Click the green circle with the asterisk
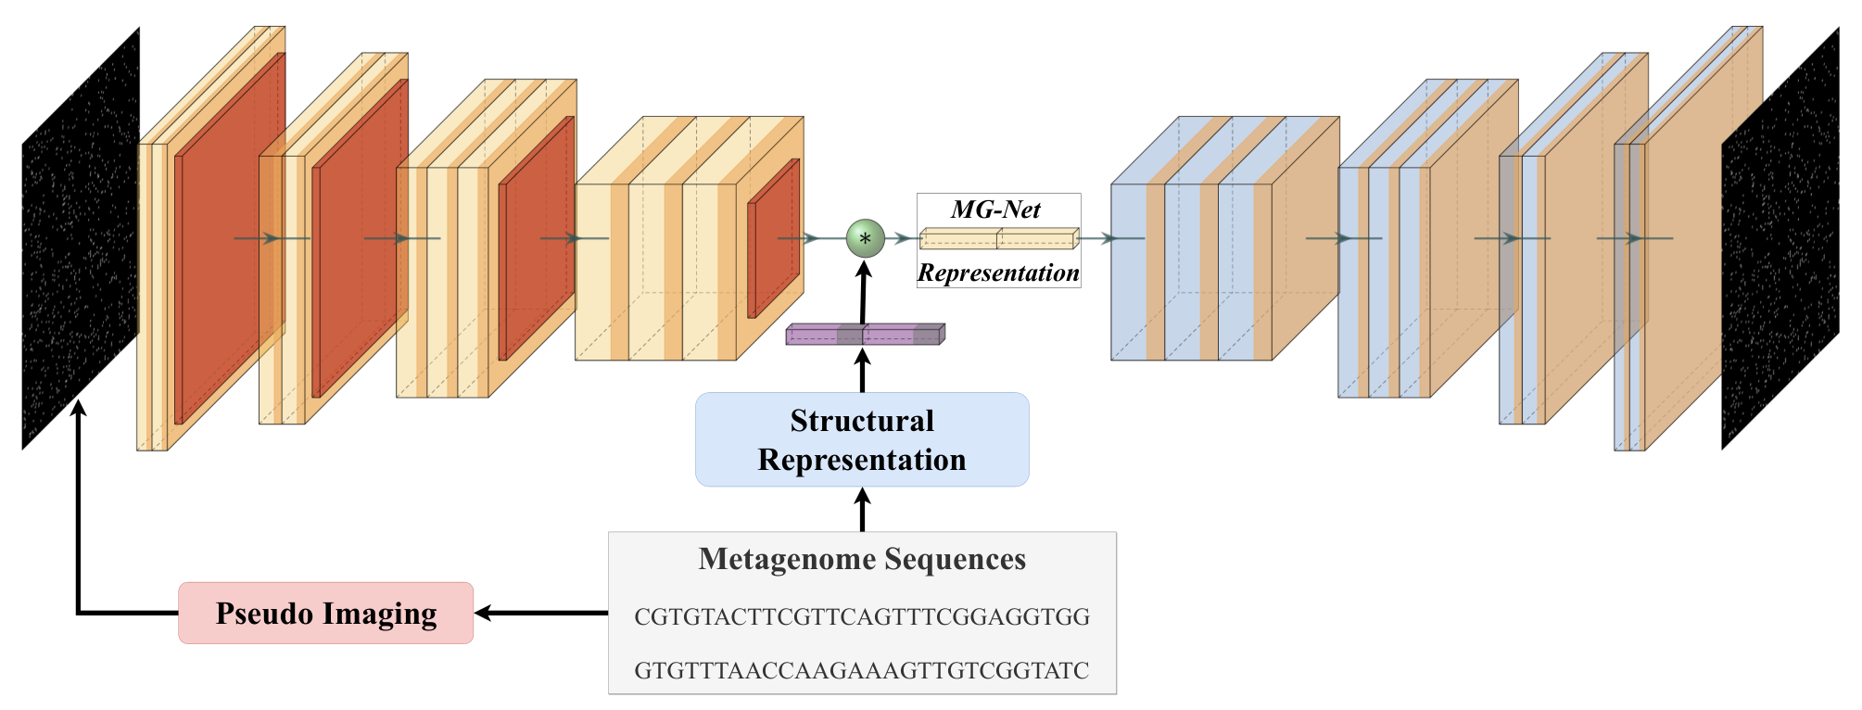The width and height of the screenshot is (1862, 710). click(x=865, y=238)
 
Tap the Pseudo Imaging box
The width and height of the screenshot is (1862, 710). click(x=326, y=613)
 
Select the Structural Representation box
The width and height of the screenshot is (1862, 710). click(x=862, y=439)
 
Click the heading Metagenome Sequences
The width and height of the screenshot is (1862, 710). click(x=862, y=559)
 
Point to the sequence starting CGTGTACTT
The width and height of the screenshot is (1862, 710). click(x=862, y=616)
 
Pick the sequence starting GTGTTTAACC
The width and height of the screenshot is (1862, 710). click(x=862, y=670)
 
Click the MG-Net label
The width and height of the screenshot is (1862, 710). click(x=996, y=209)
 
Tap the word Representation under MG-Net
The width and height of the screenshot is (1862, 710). click(x=998, y=273)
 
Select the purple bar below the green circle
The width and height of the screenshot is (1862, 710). click(x=866, y=335)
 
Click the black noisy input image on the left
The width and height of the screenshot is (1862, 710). click(x=81, y=238)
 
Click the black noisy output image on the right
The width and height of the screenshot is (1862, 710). click(x=1780, y=238)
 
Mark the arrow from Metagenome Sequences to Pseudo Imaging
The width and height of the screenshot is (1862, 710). click(x=541, y=613)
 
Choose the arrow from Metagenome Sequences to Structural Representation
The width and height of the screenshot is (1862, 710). click(x=863, y=510)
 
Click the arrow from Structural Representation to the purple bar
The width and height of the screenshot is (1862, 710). click(x=863, y=369)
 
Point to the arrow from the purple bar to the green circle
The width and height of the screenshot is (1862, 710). click(x=864, y=292)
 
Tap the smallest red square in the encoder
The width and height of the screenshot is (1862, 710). click(x=774, y=238)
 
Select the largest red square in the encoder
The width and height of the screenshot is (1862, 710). click(x=230, y=238)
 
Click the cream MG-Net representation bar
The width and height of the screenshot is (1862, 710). click(x=999, y=239)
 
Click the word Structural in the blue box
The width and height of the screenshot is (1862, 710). click(x=862, y=421)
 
